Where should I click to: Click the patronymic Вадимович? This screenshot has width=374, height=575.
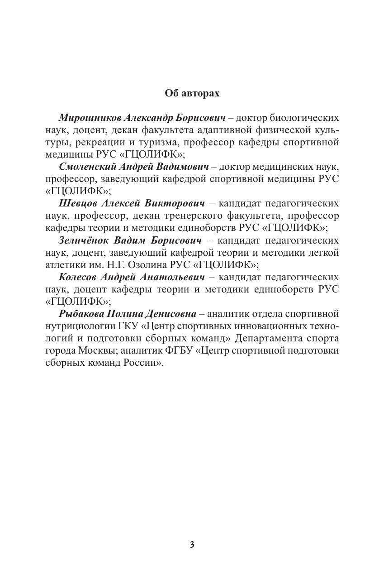click(183, 167)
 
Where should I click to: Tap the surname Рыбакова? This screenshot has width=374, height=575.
click(81, 314)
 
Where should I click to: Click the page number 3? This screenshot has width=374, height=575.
click(192, 545)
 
